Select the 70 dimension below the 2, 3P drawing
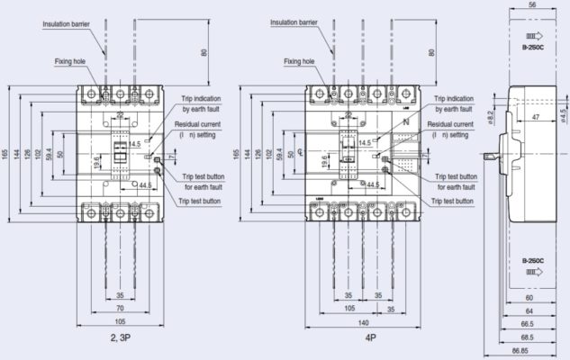pyautogui.click(x=119, y=308)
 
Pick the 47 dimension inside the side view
pyautogui.click(x=535, y=118)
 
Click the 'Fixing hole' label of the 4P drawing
pyautogui.click(x=299, y=62)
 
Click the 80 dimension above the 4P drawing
pyautogui.click(x=431, y=51)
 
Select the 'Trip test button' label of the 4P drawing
pyautogui.click(x=452, y=201)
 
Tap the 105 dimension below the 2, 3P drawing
pyautogui.click(x=119, y=321)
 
